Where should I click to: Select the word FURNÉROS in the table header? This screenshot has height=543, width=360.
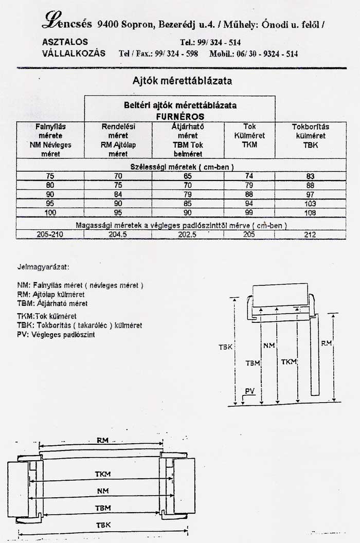(180, 117)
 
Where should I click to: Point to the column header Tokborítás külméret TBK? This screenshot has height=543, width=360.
(310, 136)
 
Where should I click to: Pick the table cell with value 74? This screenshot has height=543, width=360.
(249, 176)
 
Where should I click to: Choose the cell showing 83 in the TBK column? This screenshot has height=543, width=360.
(310, 176)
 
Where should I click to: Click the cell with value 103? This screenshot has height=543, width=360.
(310, 204)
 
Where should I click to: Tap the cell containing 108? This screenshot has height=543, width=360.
(310, 212)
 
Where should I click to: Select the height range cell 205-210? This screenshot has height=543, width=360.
(50, 234)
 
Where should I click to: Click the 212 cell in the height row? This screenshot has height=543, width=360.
(310, 234)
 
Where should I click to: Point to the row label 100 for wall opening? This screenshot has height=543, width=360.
(50, 212)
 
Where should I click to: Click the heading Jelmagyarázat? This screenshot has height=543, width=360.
(43, 267)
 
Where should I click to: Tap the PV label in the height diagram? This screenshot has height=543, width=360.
(250, 391)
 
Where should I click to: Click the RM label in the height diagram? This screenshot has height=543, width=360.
(326, 343)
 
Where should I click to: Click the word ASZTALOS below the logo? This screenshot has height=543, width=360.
(65, 42)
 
